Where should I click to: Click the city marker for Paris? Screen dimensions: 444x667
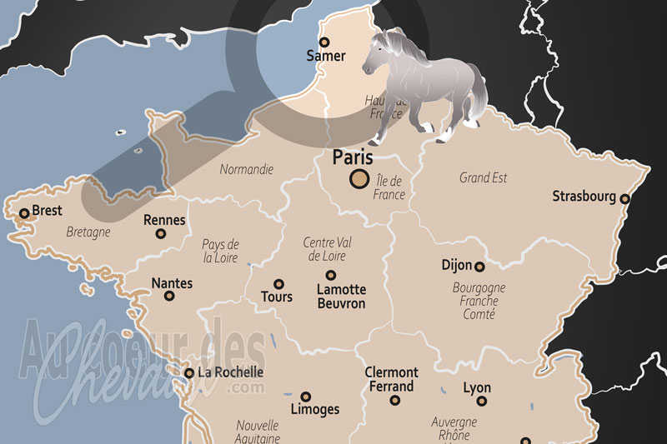point(360,177)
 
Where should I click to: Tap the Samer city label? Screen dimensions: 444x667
point(325,57)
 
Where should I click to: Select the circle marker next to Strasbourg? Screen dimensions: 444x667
point(624,198)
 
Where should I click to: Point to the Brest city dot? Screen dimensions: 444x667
point(24,213)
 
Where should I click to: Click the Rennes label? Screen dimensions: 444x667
point(163,220)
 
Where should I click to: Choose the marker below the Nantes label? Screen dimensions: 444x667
point(169,296)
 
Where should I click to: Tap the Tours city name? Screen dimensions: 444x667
point(277,297)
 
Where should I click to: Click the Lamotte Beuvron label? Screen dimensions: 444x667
point(341,297)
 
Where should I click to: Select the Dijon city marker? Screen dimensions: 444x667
point(479,267)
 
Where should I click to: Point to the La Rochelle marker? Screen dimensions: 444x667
point(189,373)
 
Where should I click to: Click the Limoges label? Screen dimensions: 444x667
point(314,409)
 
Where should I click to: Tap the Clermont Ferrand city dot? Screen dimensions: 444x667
point(395,401)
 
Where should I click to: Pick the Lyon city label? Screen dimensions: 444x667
point(477,388)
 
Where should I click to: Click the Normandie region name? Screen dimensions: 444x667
point(246,169)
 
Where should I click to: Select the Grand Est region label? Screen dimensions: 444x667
point(484,177)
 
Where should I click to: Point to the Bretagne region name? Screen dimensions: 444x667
point(88,232)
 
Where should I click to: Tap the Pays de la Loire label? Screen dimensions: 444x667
point(220,251)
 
